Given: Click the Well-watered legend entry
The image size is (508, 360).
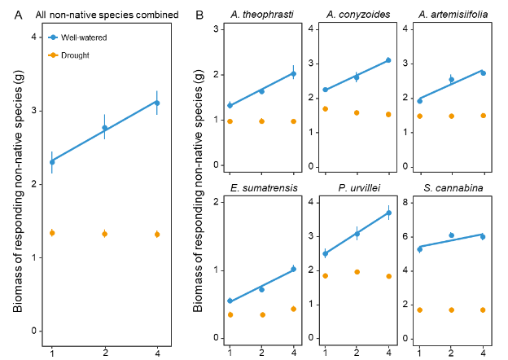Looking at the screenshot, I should tap(80, 37).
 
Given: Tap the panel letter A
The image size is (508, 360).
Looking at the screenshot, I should tap(18, 15).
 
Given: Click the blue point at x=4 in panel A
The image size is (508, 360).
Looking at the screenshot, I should tap(156, 103).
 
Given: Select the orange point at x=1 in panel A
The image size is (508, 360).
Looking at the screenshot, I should tap(52, 233).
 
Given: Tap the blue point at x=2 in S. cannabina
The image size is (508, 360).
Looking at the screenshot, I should tap(451, 235).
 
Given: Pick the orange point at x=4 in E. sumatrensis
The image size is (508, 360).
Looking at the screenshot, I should tap(294, 309).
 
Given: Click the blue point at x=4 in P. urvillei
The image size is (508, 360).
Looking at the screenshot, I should tap(388, 213).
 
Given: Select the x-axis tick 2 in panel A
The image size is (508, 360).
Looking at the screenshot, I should tap(104, 352).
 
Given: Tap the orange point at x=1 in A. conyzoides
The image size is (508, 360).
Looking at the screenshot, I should tap(325, 108).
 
